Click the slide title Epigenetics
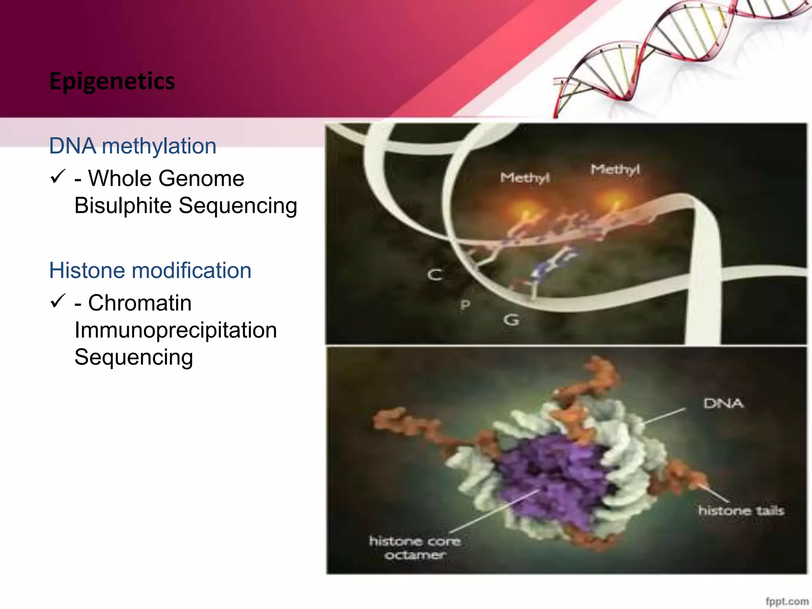pyautogui.click(x=112, y=81)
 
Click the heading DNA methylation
pyautogui.click(x=132, y=146)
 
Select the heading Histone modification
pyautogui.click(x=150, y=270)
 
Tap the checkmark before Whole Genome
pyautogui.click(x=58, y=176)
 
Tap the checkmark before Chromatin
pyautogui.click(x=58, y=301)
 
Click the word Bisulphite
pyautogui.click(x=123, y=206)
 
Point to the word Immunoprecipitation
pyautogui.click(x=176, y=330)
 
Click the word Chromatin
pyautogui.click(x=140, y=303)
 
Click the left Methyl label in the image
pyautogui.click(x=525, y=178)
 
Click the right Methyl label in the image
pyautogui.click(x=615, y=170)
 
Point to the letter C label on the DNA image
pyautogui.click(x=435, y=274)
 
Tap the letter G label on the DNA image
pyautogui.click(x=511, y=320)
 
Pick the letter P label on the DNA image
pyautogui.click(x=465, y=304)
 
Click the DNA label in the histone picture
pyautogui.click(x=723, y=403)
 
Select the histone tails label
pyautogui.click(x=741, y=510)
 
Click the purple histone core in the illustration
pyautogui.click(x=555, y=476)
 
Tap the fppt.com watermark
pyautogui.click(x=787, y=601)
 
